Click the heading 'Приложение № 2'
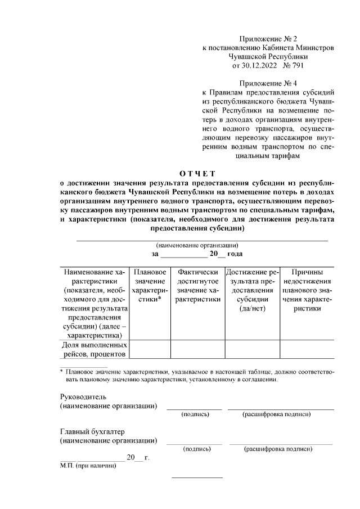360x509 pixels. (x=268, y=39)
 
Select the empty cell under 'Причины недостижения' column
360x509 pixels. (x=306, y=349)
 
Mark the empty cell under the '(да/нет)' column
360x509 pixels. (x=252, y=349)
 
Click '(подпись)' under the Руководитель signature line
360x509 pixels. (x=195, y=415)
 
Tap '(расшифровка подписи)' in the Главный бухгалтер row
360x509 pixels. (x=277, y=449)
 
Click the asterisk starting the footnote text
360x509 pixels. (x=62, y=372)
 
